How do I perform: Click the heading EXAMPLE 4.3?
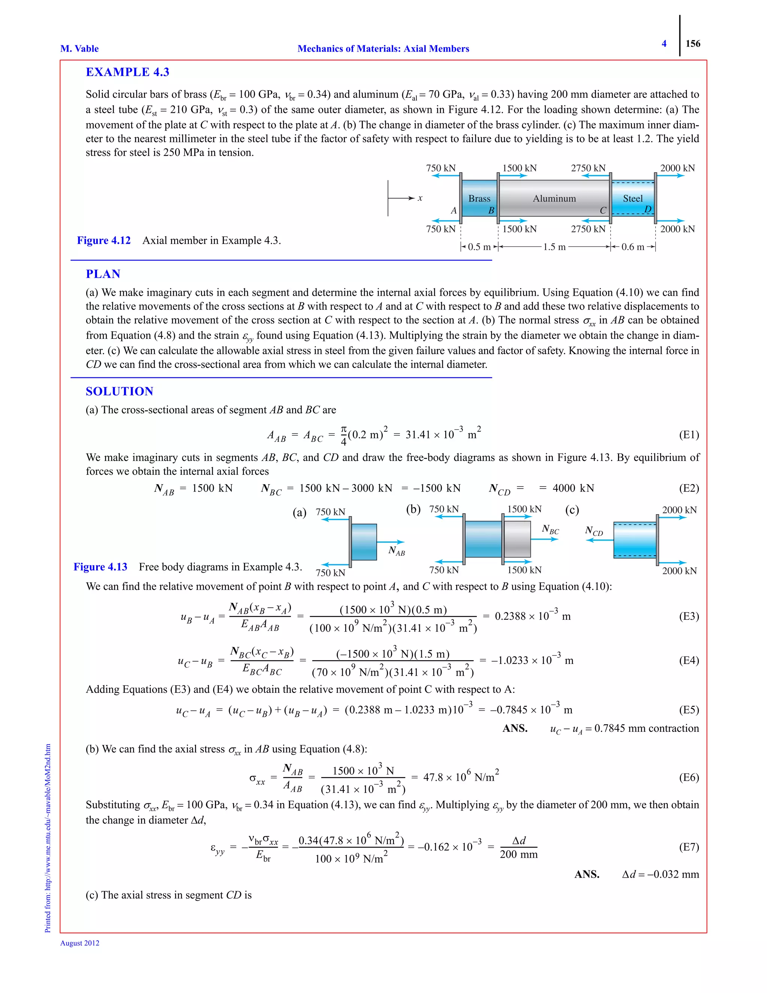click(x=127, y=72)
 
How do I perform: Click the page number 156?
click(x=692, y=43)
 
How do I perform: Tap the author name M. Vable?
click(x=79, y=49)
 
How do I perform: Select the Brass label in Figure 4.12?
click(x=479, y=199)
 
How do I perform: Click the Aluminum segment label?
click(x=554, y=199)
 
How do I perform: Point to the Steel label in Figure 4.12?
click(x=633, y=199)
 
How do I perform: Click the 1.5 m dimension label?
click(x=554, y=247)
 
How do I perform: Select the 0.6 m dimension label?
click(x=633, y=247)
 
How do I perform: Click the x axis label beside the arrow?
click(x=420, y=198)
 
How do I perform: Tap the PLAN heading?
click(x=103, y=274)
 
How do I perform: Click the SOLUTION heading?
click(x=119, y=392)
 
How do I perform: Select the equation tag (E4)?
click(x=689, y=660)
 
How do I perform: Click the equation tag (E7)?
click(x=689, y=846)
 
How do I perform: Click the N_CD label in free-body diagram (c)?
click(x=594, y=531)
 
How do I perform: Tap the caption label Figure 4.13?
click(x=100, y=567)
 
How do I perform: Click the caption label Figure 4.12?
click(x=104, y=241)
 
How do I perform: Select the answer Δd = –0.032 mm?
click(x=660, y=874)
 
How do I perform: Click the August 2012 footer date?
click(x=80, y=943)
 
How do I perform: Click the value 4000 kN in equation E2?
click(x=573, y=488)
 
